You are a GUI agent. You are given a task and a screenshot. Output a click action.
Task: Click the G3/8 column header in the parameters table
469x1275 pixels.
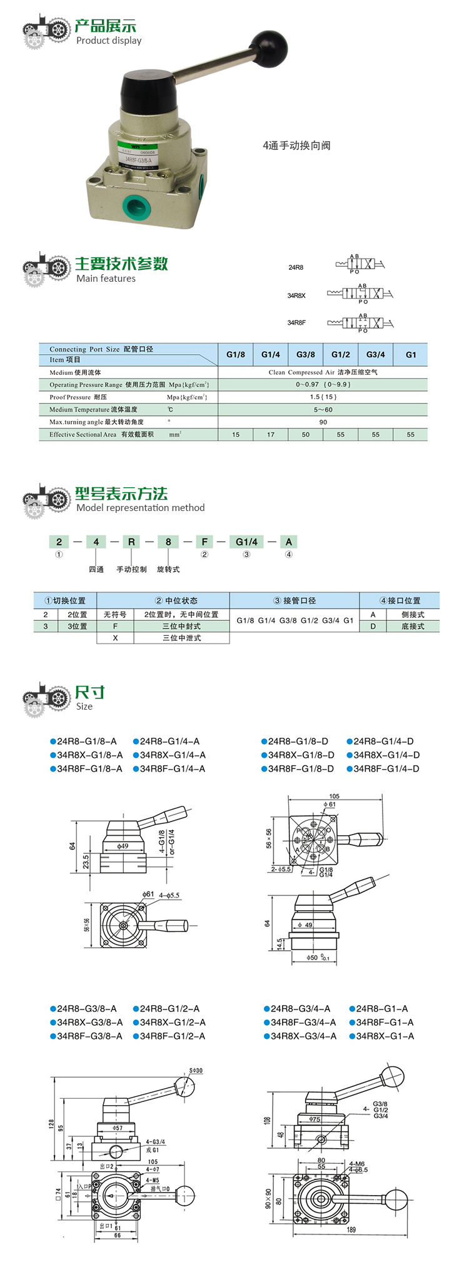[x=306, y=354]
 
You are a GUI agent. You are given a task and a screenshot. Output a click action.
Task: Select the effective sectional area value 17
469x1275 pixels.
[x=271, y=435]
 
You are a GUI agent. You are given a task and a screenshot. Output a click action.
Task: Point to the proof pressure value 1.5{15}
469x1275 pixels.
[x=323, y=397]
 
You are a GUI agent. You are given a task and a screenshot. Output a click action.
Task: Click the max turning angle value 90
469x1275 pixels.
[x=323, y=422]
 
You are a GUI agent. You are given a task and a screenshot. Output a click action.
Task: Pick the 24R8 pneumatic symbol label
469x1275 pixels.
[x=296, y=267]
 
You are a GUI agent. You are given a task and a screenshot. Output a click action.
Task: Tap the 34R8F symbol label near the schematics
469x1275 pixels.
[x=296, y=323]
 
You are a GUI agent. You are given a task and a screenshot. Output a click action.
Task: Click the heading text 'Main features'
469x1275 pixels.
[x=106, y=279]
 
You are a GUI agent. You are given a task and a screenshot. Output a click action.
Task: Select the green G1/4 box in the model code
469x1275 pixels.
[x=246, y=542]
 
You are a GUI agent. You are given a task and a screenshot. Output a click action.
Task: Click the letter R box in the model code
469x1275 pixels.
[x=131, y=542]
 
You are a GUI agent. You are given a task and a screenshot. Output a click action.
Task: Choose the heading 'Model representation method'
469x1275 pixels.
[x=140, y=508]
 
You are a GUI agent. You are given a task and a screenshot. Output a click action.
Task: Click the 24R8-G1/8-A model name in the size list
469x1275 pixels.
[x=86, y=742]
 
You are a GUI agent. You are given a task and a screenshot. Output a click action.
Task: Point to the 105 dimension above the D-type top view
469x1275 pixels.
[x=334, y=796]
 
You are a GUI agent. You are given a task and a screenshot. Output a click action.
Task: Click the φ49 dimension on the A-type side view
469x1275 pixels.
[x=123, y=846]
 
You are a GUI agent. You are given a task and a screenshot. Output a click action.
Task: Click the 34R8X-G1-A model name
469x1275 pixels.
[x=385, y=1036]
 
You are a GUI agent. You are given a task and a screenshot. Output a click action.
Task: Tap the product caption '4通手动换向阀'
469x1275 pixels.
[x=296, y=146]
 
